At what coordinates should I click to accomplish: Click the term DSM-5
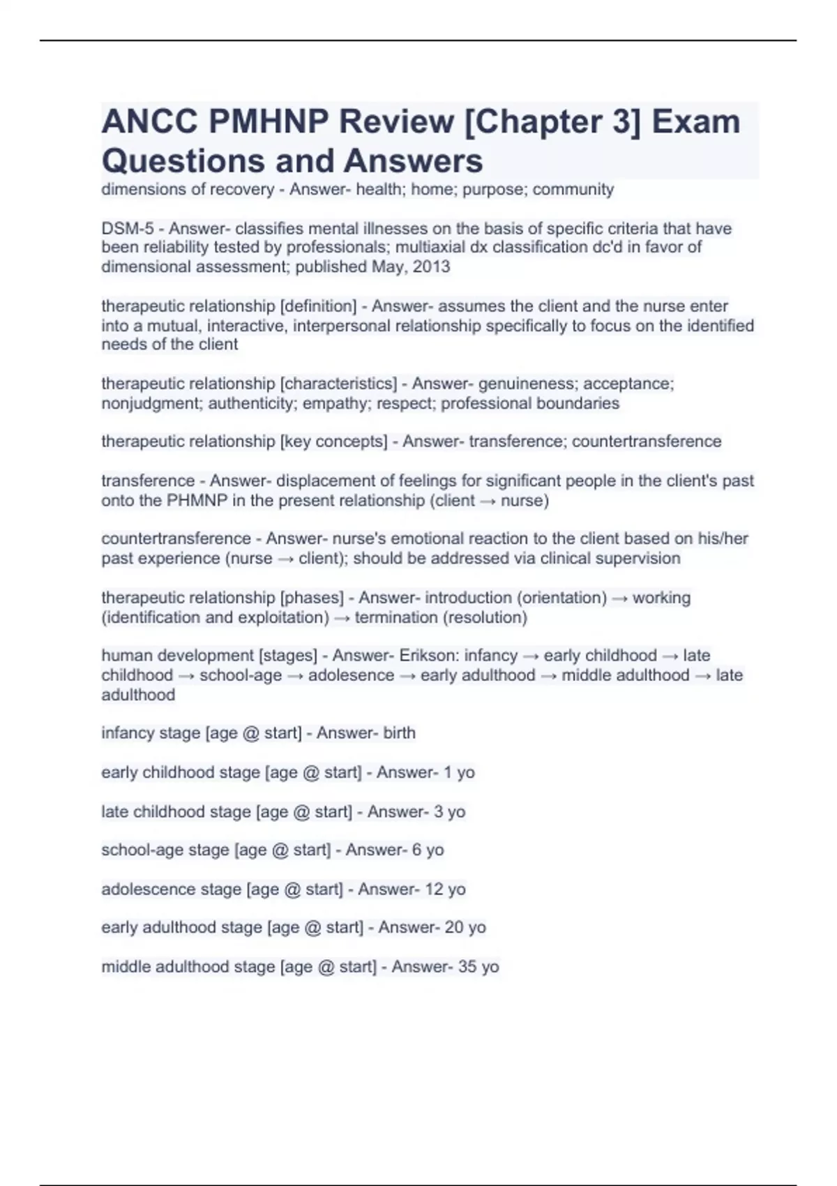128,228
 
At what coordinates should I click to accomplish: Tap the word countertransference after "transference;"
647,442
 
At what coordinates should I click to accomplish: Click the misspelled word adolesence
351,675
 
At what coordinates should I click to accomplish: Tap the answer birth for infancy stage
399,733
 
